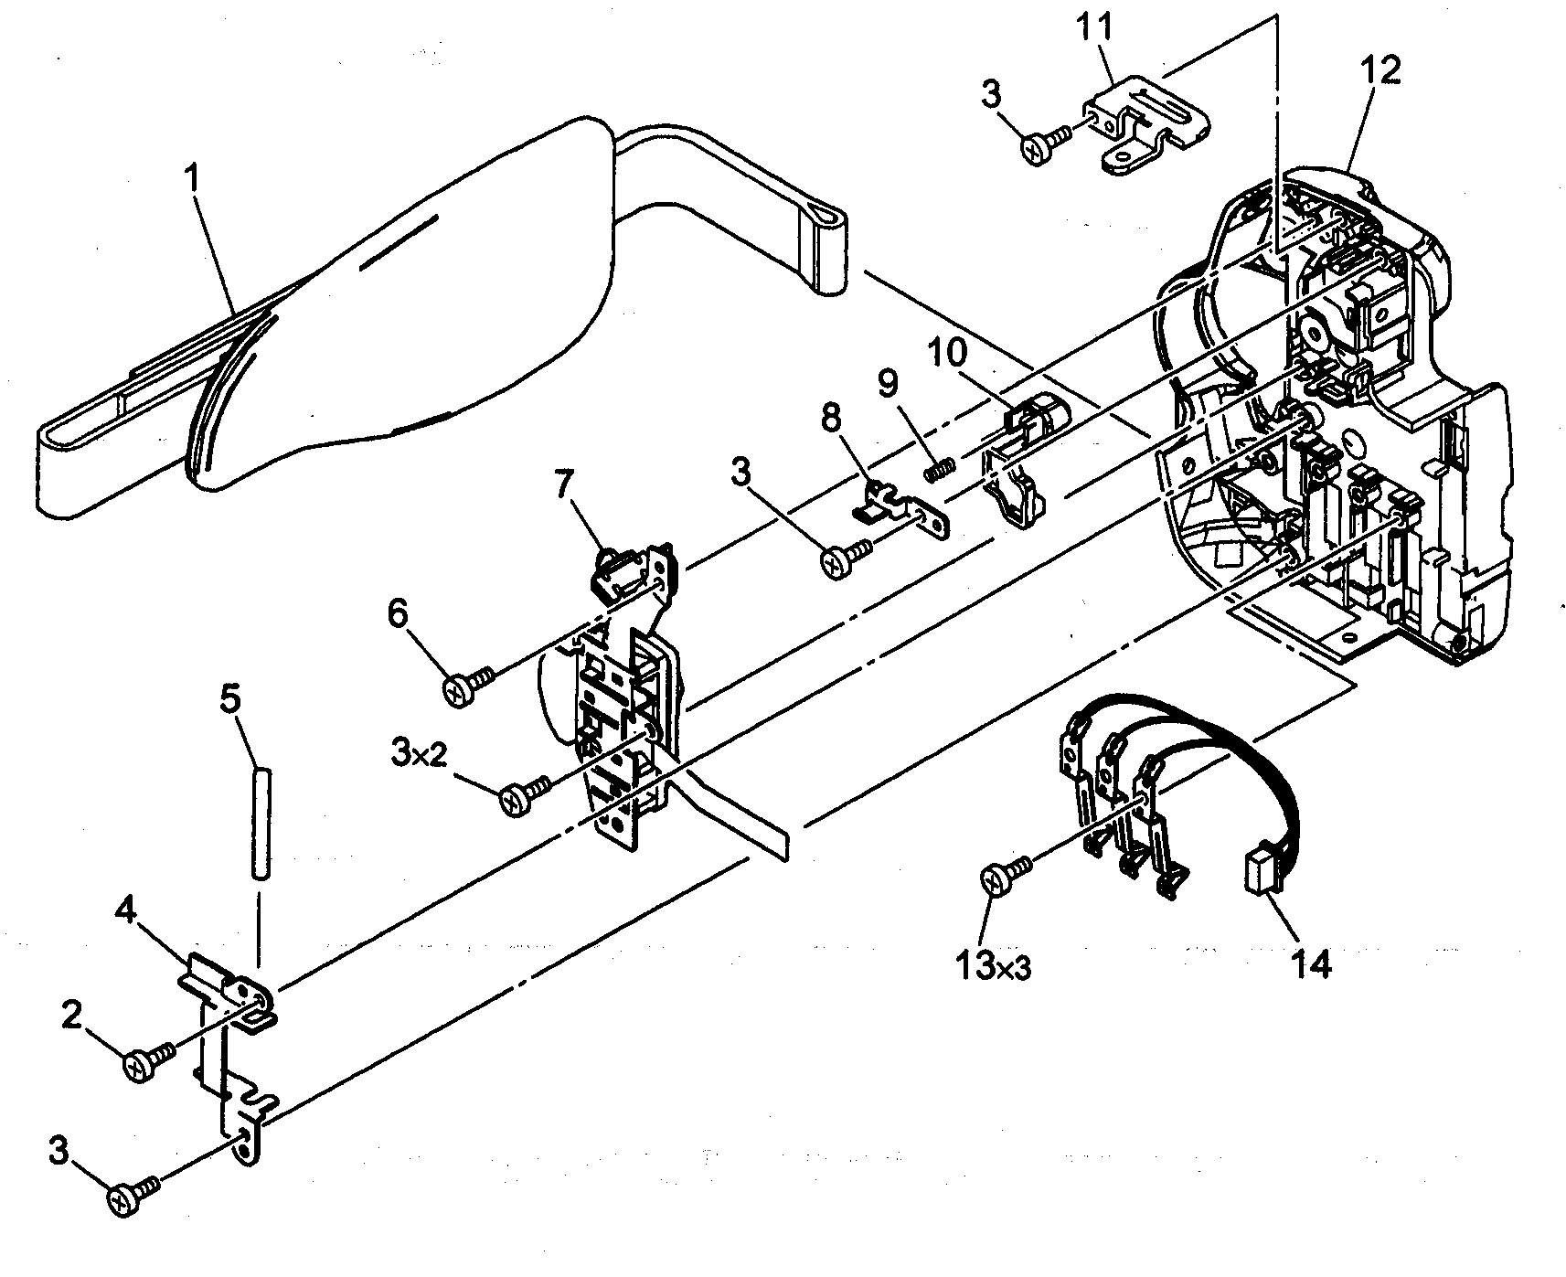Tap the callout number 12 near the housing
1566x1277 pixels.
click(1380, 70)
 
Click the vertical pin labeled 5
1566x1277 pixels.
click(258, 822)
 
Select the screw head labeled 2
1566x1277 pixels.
click(140, 1066)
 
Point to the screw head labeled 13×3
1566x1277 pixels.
click(995, 881)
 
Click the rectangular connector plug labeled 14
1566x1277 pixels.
click(1259, 866)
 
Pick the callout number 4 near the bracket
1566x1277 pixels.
click(127, 912)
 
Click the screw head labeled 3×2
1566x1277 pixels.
click(514, 801)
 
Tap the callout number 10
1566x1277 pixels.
click(953, 351)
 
